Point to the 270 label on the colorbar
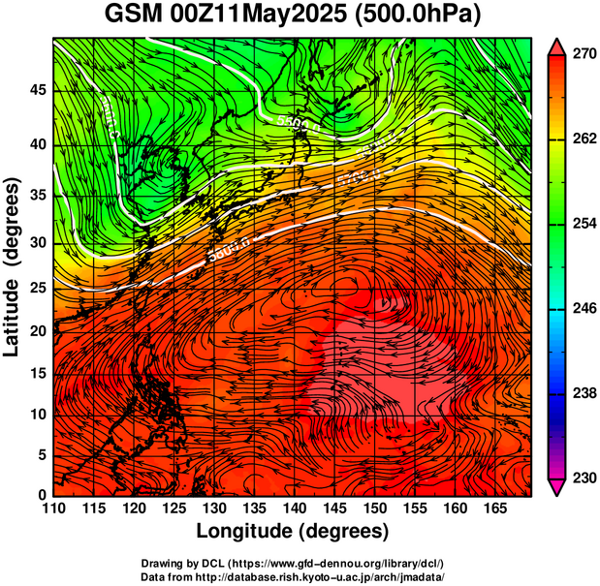(x=583, y=55)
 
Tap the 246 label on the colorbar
(x=583, y=309)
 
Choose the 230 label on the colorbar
(x=583, y=478)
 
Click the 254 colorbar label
(x=583, y=224)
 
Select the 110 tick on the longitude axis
(x=54, y=509)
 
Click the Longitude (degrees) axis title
(x=293, y=531)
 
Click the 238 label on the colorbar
(x=583, y=393)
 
